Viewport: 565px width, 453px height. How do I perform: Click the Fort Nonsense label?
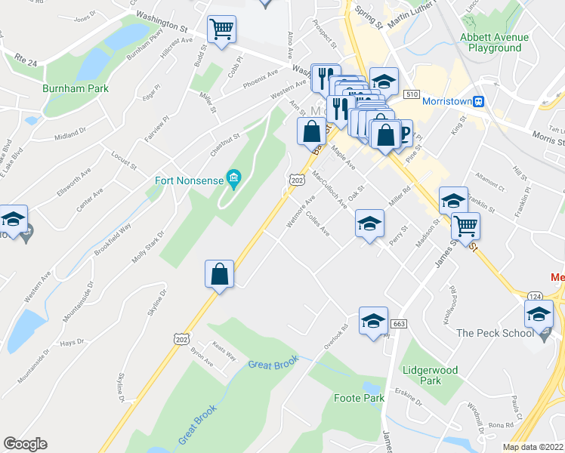189,180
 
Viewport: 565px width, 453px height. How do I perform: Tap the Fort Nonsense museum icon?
234,179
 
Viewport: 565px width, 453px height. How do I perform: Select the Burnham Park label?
76,88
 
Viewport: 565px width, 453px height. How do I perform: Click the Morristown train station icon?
477,100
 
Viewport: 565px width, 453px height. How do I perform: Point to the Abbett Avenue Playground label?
495,42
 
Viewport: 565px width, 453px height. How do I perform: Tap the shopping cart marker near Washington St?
222,30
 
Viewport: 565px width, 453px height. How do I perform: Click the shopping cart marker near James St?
465,225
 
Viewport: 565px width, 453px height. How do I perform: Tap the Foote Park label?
359,398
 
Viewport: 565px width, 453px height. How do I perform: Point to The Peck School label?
495,332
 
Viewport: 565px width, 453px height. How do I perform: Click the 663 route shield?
400,324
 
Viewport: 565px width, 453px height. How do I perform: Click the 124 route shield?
535,294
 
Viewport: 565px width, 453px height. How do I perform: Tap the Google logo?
25,444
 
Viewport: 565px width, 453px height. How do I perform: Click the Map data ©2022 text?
533,447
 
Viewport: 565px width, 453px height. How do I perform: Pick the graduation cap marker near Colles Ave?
369,223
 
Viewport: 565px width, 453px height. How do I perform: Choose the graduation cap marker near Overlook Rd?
373,320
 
